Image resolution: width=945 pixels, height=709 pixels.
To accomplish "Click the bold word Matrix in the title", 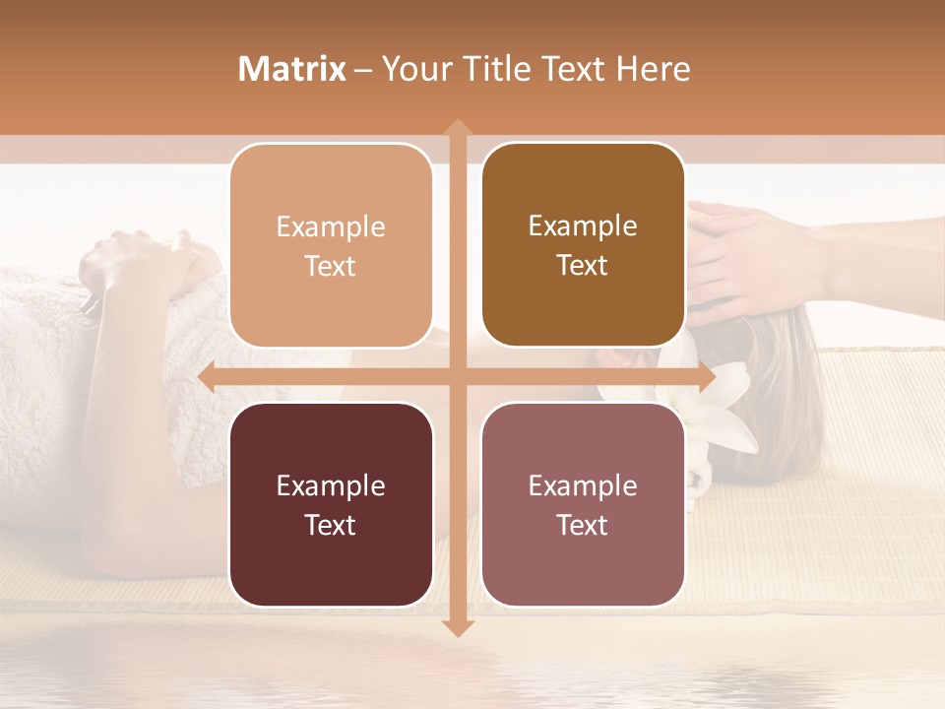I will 292,69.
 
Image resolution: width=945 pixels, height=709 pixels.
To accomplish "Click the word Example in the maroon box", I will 331,485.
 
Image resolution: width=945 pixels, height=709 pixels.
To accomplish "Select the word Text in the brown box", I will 583,266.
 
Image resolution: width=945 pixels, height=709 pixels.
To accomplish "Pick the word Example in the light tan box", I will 331,226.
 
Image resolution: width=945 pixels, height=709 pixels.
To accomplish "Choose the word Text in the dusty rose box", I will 583,525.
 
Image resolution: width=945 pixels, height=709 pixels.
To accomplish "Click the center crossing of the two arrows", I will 457,376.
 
